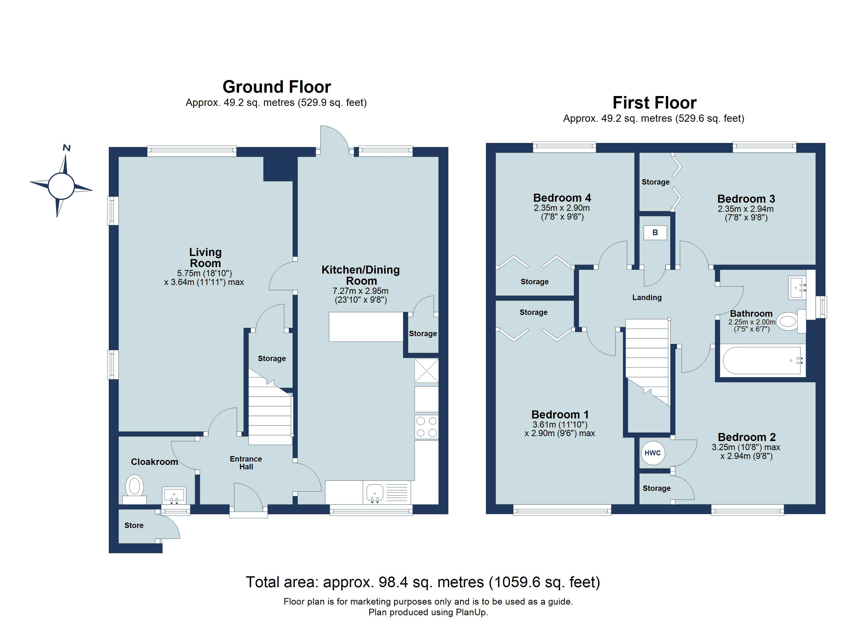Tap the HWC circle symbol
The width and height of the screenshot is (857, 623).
[x=653, y=453]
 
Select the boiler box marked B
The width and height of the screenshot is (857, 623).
[x=655, y=233]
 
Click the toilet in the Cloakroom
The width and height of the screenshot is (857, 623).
[x=135, y=486]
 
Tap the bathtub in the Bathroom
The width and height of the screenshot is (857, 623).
[x=762, y=361]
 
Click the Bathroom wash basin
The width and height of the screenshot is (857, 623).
[x=797, y=288]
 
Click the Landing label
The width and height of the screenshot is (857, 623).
[x=647, y=298]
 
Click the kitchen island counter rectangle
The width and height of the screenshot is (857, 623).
[x=366, y=327]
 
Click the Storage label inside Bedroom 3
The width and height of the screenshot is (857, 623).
[x=655, y=182]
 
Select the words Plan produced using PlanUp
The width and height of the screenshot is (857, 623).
[x=428, y=612]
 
